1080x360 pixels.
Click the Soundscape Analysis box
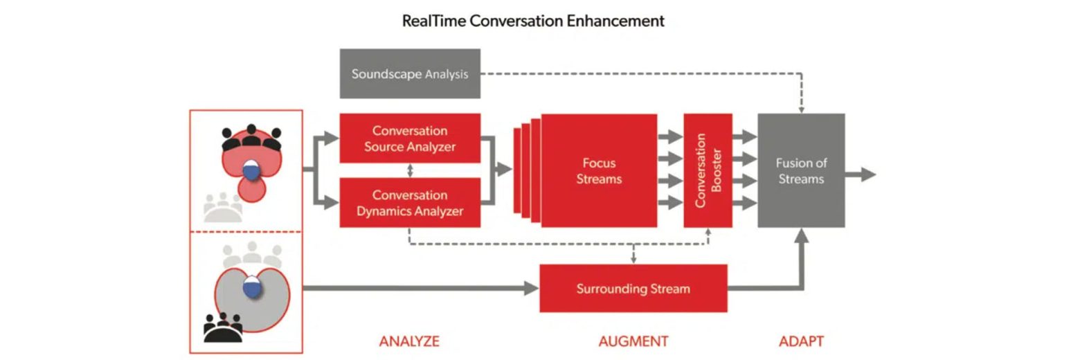410,74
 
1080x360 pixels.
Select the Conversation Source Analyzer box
410,138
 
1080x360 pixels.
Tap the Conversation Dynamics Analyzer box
410,203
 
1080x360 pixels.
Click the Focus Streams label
600,171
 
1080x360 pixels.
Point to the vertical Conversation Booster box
708,170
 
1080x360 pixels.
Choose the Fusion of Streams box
801,170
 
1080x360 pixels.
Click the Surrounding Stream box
633,288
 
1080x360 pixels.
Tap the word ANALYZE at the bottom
409,341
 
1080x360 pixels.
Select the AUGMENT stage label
633,341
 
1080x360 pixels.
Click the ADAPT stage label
801,341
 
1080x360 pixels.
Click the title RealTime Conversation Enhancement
533,21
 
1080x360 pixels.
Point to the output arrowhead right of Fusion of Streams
868,174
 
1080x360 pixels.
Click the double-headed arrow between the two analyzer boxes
410,170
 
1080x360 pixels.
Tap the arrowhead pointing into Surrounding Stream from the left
531,288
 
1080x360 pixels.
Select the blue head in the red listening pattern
251,170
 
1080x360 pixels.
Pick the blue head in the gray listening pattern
252,286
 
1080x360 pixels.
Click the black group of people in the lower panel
223,327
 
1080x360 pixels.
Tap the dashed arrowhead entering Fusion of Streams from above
801,109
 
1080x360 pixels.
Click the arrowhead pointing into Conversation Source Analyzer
332,138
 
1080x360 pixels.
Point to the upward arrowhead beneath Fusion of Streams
801,235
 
